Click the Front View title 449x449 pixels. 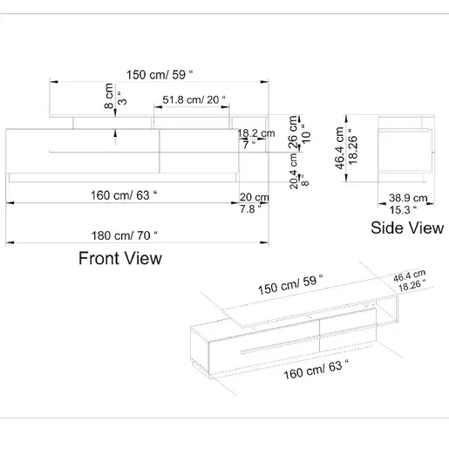tap(120, 258)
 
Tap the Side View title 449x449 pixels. tap(407, 228)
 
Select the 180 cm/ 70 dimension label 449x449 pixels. tap(125, 235)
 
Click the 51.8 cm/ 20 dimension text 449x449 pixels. tap(194, 99)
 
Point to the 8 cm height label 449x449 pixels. tap(109, 96)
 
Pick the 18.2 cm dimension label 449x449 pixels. tap(256, 133)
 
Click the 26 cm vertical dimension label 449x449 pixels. tap(293, 133)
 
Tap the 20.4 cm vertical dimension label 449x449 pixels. tap(294, 171)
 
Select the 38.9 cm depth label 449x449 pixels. tap(408, 198)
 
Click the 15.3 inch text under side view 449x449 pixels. tap(403, 210)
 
